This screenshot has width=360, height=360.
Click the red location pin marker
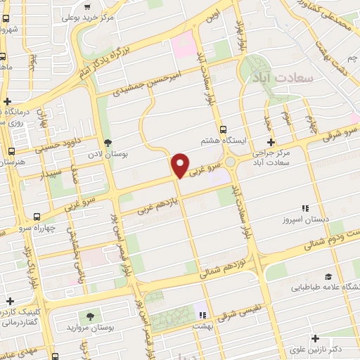pos(181,165)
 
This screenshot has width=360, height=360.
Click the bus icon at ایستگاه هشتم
pos(224,129)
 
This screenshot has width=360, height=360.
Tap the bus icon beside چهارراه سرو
pos(37,217)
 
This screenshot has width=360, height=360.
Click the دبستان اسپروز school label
pos(306,219)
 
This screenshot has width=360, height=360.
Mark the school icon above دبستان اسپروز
pos(305,208)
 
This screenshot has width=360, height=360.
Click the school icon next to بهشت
pos(202,314)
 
